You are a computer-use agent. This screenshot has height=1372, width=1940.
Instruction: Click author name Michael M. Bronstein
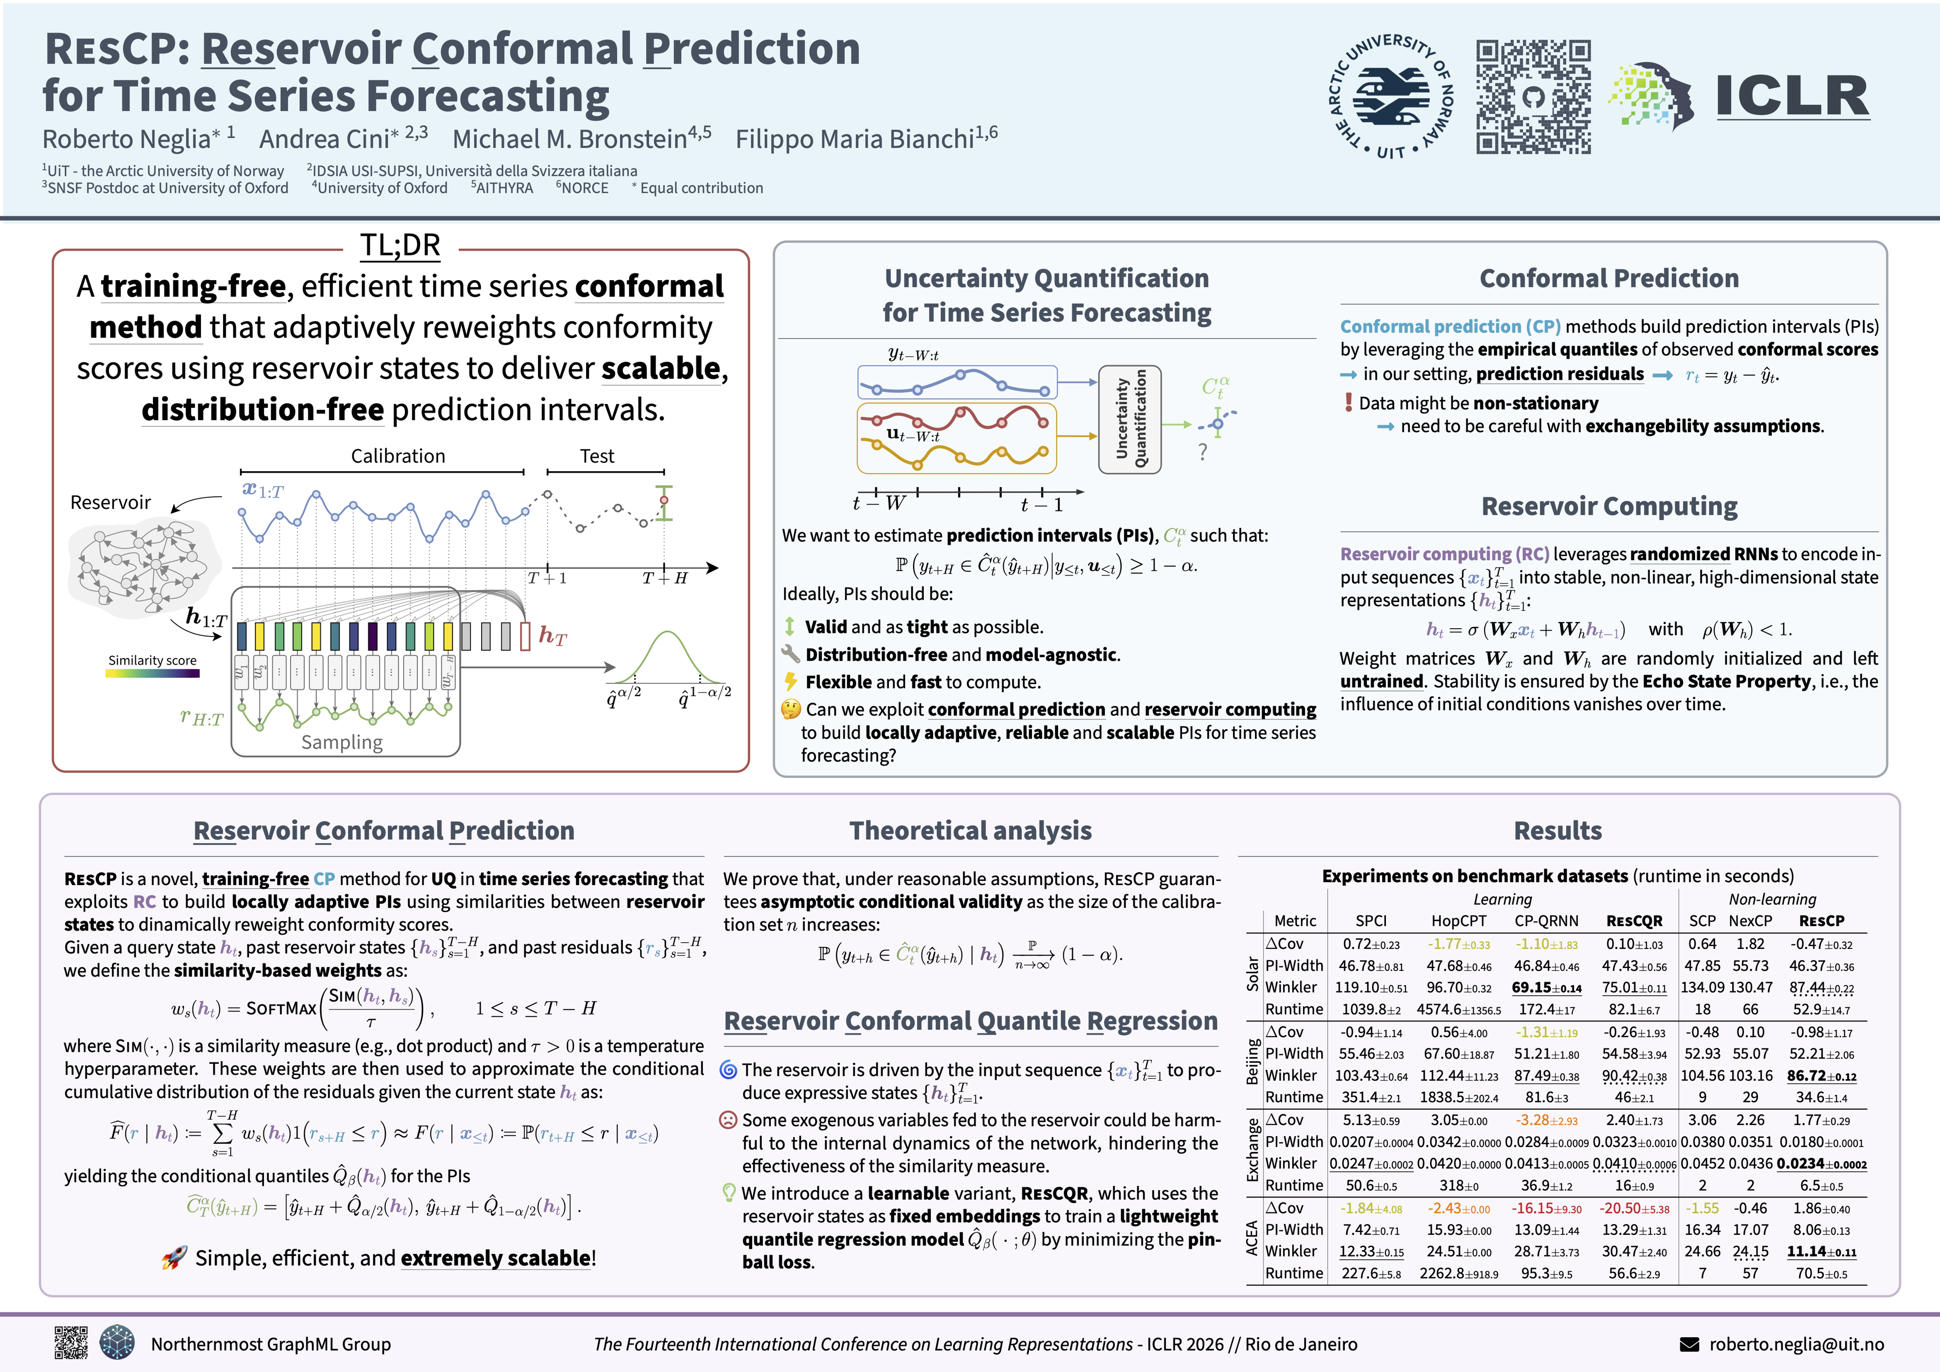click(x=570, y=139)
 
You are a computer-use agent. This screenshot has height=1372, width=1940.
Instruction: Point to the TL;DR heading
click(x=401, y=245)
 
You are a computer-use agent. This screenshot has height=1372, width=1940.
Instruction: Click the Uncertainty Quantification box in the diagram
click(x=1130, y=419)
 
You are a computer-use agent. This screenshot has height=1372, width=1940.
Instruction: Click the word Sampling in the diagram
click(x=342, y=742)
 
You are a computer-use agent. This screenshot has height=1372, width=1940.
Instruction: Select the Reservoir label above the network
click(x=110, y=503)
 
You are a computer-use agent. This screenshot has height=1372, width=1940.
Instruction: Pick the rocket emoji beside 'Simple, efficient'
click(x=174, y=1258)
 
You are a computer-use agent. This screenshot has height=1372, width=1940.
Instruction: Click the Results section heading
click(x=1557, y=830)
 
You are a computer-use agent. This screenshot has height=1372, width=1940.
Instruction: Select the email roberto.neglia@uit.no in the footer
click(x=1797, y=1344)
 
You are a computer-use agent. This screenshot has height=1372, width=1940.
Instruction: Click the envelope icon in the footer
click(x=1689, y=1344)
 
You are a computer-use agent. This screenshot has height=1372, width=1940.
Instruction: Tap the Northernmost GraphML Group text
click(x=271, y=1344)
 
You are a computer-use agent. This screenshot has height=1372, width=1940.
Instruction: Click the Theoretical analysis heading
click(x=970, y=830)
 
